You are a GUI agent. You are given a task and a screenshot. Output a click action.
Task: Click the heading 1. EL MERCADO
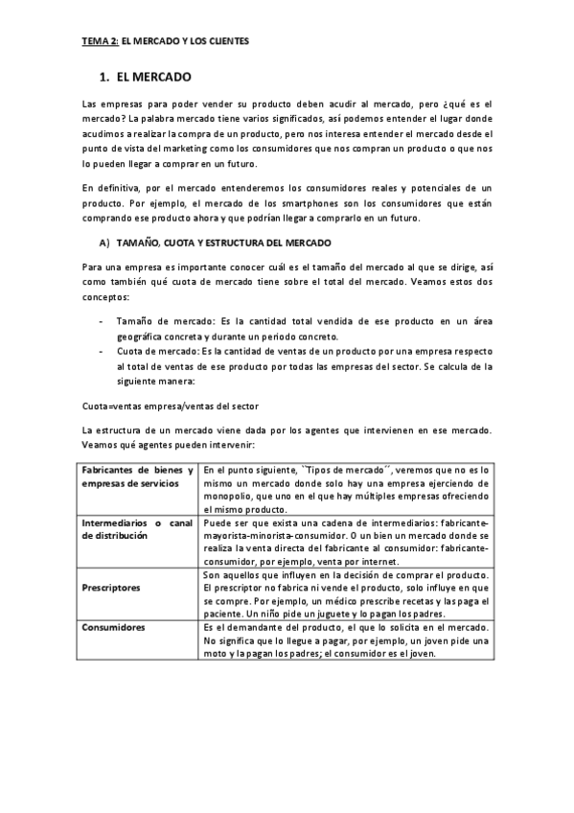coord(146,75)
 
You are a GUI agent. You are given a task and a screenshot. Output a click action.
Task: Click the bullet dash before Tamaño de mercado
coord(102,319)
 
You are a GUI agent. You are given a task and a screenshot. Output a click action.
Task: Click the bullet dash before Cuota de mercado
coord(102,351)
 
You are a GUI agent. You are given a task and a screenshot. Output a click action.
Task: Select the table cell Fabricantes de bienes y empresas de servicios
coord(138,477)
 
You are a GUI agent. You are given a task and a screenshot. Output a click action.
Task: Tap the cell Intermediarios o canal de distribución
coord(138,529)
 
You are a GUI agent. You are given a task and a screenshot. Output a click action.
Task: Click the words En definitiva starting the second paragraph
coord(109,187)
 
